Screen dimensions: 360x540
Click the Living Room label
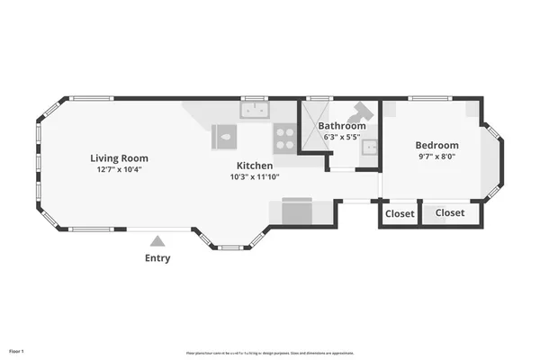coord(119,157)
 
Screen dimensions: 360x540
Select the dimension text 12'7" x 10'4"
coord(119,169)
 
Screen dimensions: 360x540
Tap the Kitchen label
coord(255,166)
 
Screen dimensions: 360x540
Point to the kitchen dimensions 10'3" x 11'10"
coord(255,177)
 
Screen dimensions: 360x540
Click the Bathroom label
coord(340,126)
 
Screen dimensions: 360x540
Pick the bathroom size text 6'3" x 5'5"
coord(342,137)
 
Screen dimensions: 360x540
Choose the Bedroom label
coord(436,146)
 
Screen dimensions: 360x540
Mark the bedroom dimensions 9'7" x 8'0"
coord(436,157)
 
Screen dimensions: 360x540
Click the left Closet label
coord(400,213)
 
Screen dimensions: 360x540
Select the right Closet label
coord(450,213)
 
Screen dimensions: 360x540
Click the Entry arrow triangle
coord(157,240)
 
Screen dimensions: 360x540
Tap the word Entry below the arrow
coord(157,258)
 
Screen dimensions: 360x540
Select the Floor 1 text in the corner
coord(16,350)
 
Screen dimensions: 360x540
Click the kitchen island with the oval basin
coord(225,138)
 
